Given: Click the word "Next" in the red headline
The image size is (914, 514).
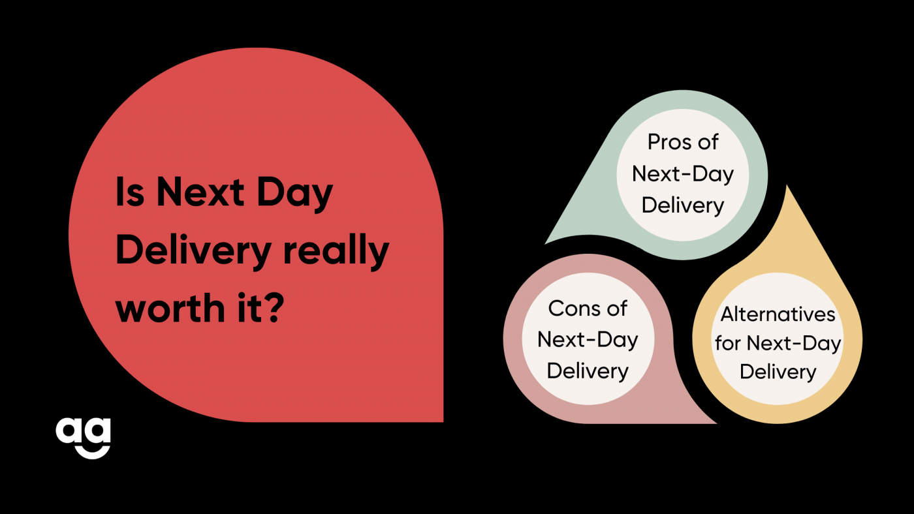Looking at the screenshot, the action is pyautogui.click(x=200, y=192).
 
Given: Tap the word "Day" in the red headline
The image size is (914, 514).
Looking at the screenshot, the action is pyautogui.click(x=295, y=195).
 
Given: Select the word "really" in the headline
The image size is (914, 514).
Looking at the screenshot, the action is pyautogui.click(x=336, y=252).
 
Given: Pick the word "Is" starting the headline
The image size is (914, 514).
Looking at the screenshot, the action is pyautogui.click(x=130, y=192).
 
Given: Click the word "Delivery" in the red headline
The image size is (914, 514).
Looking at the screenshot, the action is pyautogui.click(x=193, y=252).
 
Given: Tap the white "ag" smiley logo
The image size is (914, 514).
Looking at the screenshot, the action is pyautogui.click(x=84, y=438).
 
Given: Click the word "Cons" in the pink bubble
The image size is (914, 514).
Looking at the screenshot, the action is pyautogui.click(x=569, y=309).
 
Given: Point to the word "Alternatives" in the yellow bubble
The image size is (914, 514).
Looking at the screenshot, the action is pyautogui.click(x=778, y=314).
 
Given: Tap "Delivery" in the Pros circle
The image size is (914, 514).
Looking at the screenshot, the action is pyautogui.click(x=683, y=206).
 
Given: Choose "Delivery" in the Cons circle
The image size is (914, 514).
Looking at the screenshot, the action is pyautogui.click(x=588, y=372).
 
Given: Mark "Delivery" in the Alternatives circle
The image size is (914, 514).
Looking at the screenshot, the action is pyautogui.click(x=778, y=372).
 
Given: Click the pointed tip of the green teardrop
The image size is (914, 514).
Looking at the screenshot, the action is pyautogui.click(x=546, y=243).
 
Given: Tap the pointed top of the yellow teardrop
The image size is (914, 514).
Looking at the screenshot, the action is pyautogui.click(x=787, y=185).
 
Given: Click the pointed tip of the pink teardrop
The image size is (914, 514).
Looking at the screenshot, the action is pyautogui.click(x=717, y=423).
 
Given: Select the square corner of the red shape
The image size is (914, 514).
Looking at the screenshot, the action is pyautogui.click(x=443, y=421).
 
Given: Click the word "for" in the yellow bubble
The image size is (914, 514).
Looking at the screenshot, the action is pyautogui.click(x=729, y=343).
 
